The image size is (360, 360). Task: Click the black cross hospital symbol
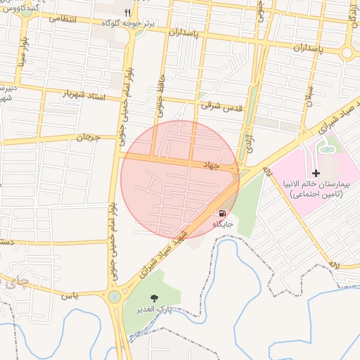coord(316,172)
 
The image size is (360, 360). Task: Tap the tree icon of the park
coord(155,297)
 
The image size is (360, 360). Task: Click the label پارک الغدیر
coord(155,309)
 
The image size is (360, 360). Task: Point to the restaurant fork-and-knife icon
coord(127,13)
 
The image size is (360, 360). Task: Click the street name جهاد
coord(221,166)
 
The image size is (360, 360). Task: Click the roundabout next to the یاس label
coord(113,297)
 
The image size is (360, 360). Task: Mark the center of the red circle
coord(180,180)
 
